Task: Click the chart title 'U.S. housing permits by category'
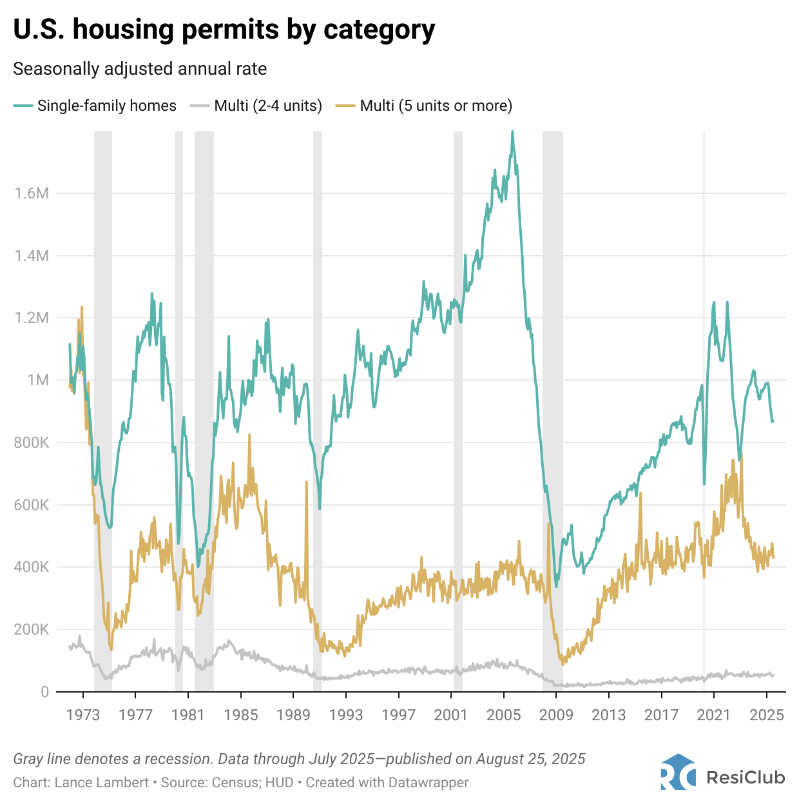pos(224,30)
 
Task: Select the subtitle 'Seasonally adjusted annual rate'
pos(140,69)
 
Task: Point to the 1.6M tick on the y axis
pos(32,193)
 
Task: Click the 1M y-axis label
pos(38,380)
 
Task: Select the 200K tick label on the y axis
pos(32,629)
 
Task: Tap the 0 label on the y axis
pos(44,692)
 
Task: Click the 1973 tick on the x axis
pos(83,715)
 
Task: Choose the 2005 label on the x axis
pos(504,715)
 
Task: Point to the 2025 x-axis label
pos(767,715)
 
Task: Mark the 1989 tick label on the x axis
pos(294,715)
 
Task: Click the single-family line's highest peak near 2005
pos(512,132)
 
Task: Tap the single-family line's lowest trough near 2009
pos(557,586)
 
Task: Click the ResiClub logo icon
pos(678,771)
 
